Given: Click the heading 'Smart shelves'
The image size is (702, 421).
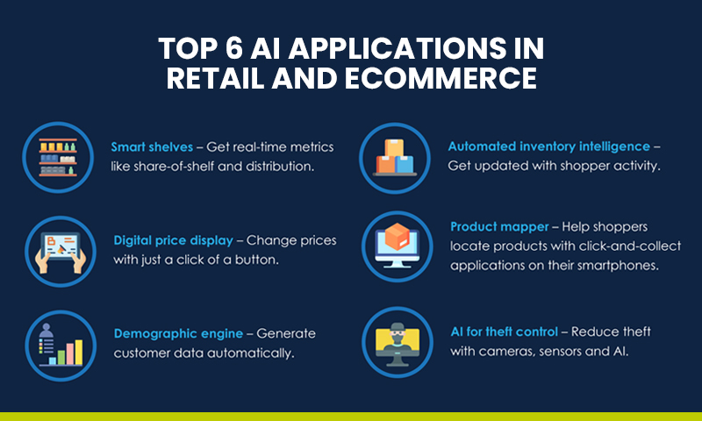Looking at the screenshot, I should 152,146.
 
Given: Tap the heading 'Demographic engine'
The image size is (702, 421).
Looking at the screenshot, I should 171,333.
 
